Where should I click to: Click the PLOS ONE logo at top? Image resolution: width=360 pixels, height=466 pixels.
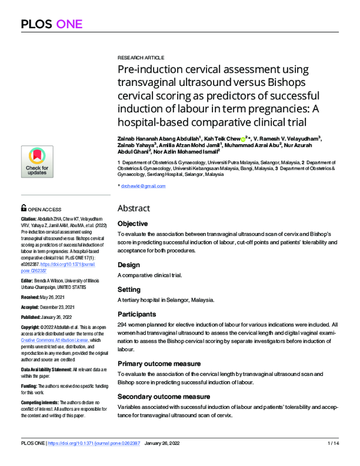[x=52, y=24]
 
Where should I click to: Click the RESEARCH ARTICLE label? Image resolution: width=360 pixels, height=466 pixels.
[x=140, y=57]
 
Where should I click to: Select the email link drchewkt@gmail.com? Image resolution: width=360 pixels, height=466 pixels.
[x=143, y=186]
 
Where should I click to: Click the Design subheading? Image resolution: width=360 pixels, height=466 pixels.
[x=129, y=264]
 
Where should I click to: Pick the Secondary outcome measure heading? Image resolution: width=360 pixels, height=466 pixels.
[x=164, y=396]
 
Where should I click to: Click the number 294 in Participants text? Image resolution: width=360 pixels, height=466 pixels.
[x=124, y=324]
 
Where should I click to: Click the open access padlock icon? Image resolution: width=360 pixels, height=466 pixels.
[x=24, y=208]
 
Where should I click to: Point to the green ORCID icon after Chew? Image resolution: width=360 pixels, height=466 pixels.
[x=243, y=138]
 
